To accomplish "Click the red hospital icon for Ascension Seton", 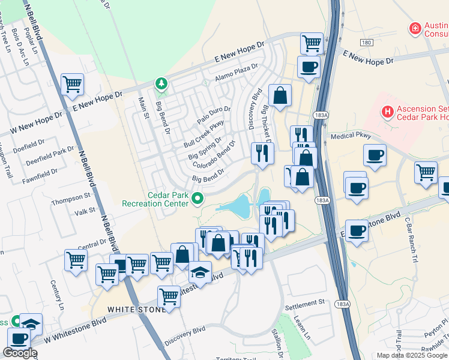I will click(x=388, y=111).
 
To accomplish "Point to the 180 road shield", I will click(x=367, y=42).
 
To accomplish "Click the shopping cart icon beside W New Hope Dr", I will click(x=72, y=85).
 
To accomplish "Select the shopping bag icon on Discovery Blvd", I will click(x=280, y=95).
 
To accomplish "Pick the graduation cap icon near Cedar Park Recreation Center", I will click(x=200, y=272).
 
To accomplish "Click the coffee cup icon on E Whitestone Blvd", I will click(x=357, y=230).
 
